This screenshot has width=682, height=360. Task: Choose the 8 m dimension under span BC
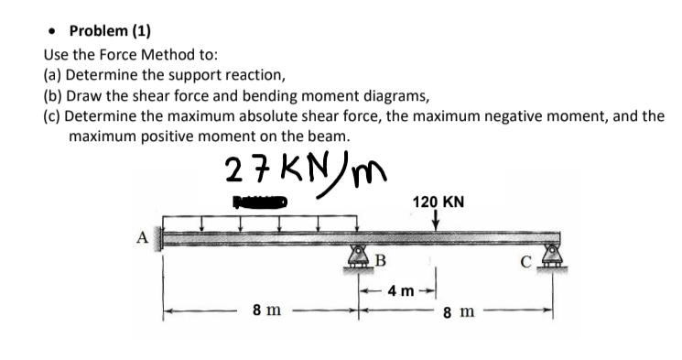[x=457, y=313]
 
